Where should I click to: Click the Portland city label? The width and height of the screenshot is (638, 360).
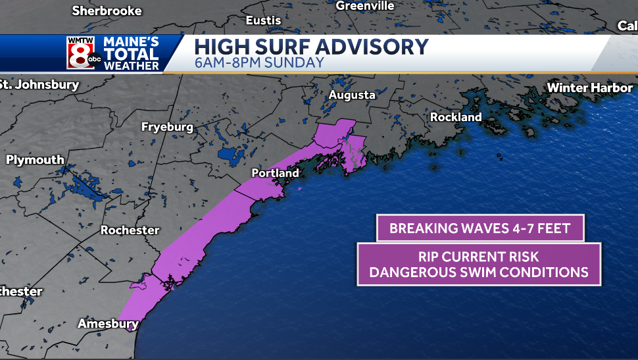[275, 173]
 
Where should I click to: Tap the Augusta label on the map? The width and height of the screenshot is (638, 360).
[352, 95]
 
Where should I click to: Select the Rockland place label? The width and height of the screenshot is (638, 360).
[455, 117]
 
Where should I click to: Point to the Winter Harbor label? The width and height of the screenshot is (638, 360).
[589, 88]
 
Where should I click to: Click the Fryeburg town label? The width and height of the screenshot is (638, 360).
[167, 127]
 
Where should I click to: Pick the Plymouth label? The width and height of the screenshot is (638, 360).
[35, 160]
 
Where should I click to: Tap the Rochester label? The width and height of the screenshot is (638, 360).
[130, 230]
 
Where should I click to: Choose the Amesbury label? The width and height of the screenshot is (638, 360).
[108, 324]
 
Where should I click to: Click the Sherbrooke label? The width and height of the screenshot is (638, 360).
[107, 11]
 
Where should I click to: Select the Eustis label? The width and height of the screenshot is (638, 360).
[263, 20]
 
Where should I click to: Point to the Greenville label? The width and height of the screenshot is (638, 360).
[364, 6]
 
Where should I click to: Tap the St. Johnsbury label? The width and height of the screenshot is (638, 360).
[39, 84]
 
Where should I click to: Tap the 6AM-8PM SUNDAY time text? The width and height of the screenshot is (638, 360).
[259, 63]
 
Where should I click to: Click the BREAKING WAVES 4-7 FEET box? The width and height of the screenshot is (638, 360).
[479, 228]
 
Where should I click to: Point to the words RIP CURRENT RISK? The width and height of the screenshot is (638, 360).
[479, 257]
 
